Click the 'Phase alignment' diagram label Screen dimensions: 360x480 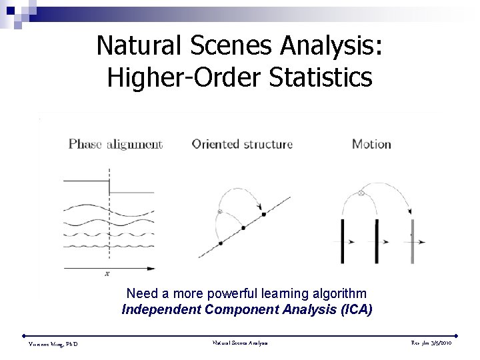pos(115,144)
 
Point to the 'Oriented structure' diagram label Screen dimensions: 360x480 pos(242,144)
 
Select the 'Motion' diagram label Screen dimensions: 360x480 pos(371,144)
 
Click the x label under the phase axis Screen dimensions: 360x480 pos(107,273)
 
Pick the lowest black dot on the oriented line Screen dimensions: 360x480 pos(221,243)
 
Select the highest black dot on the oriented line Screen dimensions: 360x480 pos(263,214)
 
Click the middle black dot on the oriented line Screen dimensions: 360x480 pos(243,228)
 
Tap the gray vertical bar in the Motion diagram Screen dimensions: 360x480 pos(413,240)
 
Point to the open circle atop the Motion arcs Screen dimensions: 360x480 pos(361,193)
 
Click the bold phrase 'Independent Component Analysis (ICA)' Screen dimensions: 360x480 pos(247,309)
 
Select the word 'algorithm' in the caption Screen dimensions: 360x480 pos(343,293)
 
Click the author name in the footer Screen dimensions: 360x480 pos(53,344)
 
